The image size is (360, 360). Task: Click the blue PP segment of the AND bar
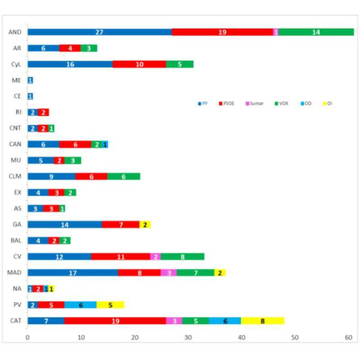(x=99, y=32)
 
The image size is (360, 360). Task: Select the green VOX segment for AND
(x=316, y=32)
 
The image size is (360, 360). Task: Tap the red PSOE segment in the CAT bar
(x=115, y=320)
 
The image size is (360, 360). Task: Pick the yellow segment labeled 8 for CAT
(x=262, y=320)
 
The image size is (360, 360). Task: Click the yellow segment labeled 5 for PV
(x=110, y=304)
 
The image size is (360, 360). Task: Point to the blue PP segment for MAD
(x=73, y=272)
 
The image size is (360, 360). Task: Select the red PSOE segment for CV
(x=121, y=256)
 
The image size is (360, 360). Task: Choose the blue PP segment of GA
(x=64, y=224)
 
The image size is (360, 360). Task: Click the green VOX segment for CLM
(x=123, y=176)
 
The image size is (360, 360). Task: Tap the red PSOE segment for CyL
(x=139, y=64)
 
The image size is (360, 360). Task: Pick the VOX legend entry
(x=280, y=103)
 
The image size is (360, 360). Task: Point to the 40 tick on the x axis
(x=241, y=338)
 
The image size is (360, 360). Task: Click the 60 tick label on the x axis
(x=349, y=338)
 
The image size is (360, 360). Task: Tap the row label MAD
(x=13, y=272)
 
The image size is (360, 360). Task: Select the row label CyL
(x=15, y=64)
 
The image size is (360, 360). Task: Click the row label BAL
(x=14, y=240)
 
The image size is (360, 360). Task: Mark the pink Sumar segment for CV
(x=155, y=256)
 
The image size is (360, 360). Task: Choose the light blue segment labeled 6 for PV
(x=80, y=304)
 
